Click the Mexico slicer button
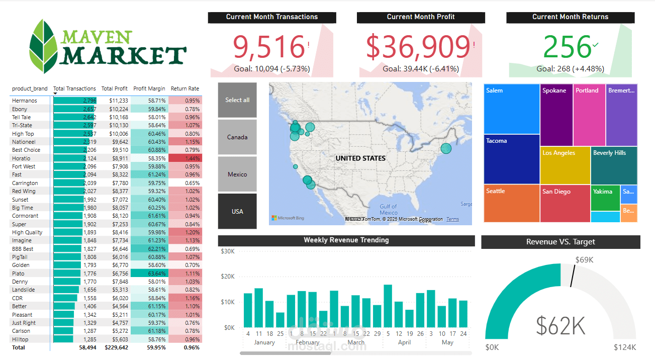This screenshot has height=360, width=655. pos(237,174)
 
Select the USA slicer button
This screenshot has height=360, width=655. pos(237,211)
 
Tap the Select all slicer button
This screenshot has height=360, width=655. pos(237,100)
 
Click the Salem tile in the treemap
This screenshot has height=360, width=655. pos(512,109)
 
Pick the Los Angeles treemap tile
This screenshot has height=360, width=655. pos(565,165)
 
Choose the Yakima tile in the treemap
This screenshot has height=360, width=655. pos(605,197)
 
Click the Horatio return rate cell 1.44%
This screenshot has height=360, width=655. pos(185,158)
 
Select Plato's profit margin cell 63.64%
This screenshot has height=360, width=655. pos(149,274)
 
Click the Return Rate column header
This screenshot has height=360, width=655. pos(185,88)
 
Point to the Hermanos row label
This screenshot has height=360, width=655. pos(25,101)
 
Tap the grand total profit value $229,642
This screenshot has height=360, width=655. pos(116,347)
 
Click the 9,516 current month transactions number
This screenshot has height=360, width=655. pos(269,47)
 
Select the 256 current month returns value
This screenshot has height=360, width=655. pos(567,47)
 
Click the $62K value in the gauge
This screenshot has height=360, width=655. pos(560,325)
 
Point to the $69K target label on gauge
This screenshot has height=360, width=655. pos(585,260)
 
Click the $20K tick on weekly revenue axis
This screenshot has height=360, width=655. pos(227,277)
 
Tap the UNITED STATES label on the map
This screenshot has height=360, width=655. pos(360,158)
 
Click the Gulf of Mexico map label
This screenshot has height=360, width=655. pos(388,209)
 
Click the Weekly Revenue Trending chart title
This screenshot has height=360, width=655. pos(346,240)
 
